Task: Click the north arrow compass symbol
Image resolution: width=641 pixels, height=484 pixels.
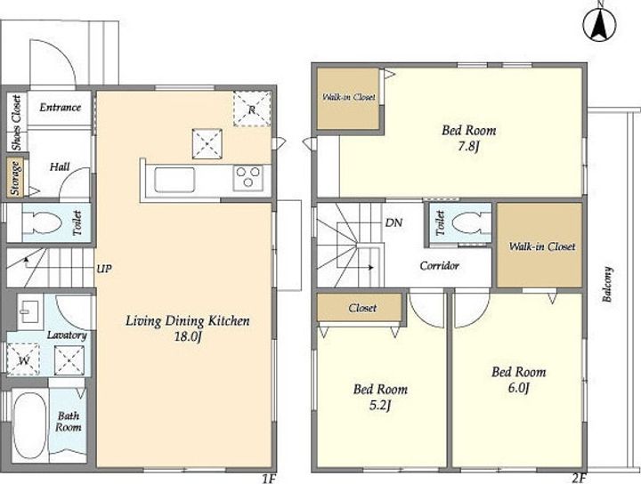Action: pyautogui.click(x=600, y=24)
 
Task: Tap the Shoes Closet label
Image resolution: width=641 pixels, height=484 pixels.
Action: pyautogui.click(x=16, y=123)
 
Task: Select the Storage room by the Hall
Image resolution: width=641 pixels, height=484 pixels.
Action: pyautogui.click(x=16, y=177)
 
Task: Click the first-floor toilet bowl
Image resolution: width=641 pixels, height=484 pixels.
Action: pyautogui.click(x=42, y=222)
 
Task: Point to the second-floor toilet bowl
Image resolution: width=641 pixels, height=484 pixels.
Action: pyautogui.click(x=471, y=223)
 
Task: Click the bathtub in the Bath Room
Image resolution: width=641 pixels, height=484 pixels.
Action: pyautogui.click(x=30, y=425)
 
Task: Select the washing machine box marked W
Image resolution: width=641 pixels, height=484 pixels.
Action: pyautogui.click(x=24, y=359)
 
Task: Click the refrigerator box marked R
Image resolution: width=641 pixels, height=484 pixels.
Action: pyautogui.click(x=252, y=109)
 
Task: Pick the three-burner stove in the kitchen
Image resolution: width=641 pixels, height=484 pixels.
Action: pyautogui.click(x=248, y=178)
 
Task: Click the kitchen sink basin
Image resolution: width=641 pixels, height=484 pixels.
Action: pyautogui.click(x=174, y=180)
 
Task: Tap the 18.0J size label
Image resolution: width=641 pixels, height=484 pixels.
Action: pyautogui.click(x=188, y=338)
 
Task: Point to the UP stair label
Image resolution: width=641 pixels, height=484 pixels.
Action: pyautogui.click(x=104, y=269)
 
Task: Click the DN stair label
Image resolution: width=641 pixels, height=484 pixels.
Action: pyautogui.click(x=394, y=222)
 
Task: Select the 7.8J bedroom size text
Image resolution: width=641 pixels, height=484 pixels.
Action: pyautogui.click(x=468, y=146)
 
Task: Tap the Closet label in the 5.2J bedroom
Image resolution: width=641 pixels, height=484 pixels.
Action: pyautogui.click(x=362, y=308)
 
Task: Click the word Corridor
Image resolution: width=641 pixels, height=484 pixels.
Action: pyautogui.click(x=440, y=266)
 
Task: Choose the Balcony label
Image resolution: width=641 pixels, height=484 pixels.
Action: pyautogui.click(x=608, y=285)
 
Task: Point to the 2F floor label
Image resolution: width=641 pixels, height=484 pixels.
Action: pyautogui.click(x=580, y=479)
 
